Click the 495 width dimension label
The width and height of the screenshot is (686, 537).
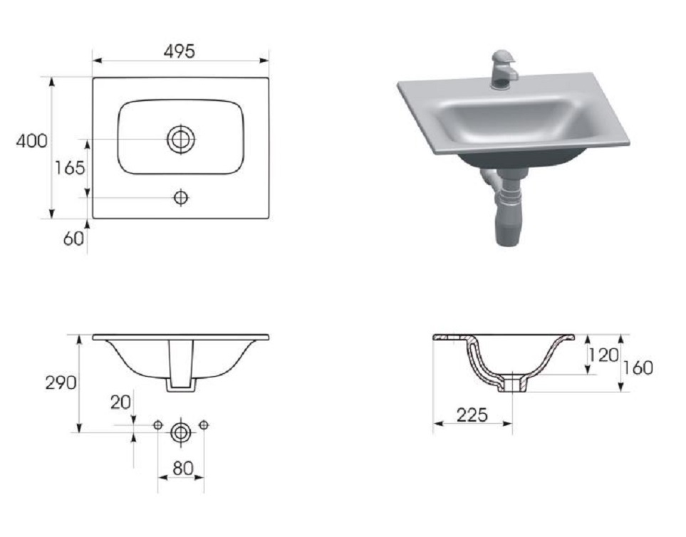[x=180, y=51]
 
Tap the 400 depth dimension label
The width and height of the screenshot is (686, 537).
[x=31, y=141]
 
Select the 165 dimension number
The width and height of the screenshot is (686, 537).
[x=70, y=168]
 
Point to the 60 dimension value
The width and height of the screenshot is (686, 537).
[x=73, y=239]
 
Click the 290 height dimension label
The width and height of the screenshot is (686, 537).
[x=61, y=383]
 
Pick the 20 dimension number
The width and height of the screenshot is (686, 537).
[x=120, y=402]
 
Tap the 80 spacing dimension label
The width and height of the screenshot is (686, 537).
[x=183, y=469]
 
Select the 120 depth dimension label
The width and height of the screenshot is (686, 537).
[x=603, y=355]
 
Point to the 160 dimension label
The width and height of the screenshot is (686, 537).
[x=638, y=367]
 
